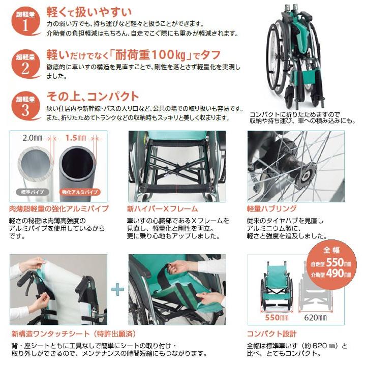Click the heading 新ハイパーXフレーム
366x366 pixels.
coord(162,208)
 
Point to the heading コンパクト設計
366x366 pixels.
coord(271,334)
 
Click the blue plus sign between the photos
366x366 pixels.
coord(117,290)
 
